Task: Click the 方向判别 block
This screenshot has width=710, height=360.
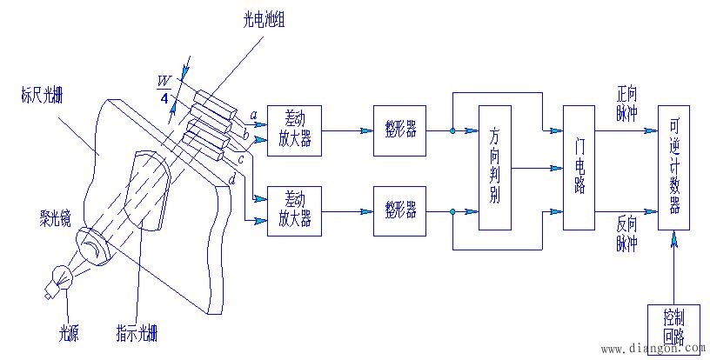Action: point(495,168)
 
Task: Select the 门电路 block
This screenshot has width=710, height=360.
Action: point(578,166)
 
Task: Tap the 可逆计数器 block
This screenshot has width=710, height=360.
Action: point(673,168)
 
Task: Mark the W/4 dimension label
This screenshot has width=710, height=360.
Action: point(163,87)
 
